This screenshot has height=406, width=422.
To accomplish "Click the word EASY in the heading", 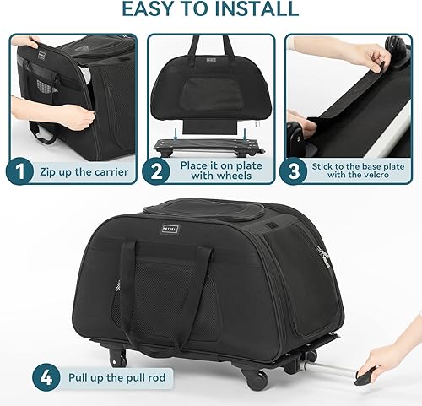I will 151,10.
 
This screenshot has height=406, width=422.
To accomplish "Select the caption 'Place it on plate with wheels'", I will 220,172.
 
